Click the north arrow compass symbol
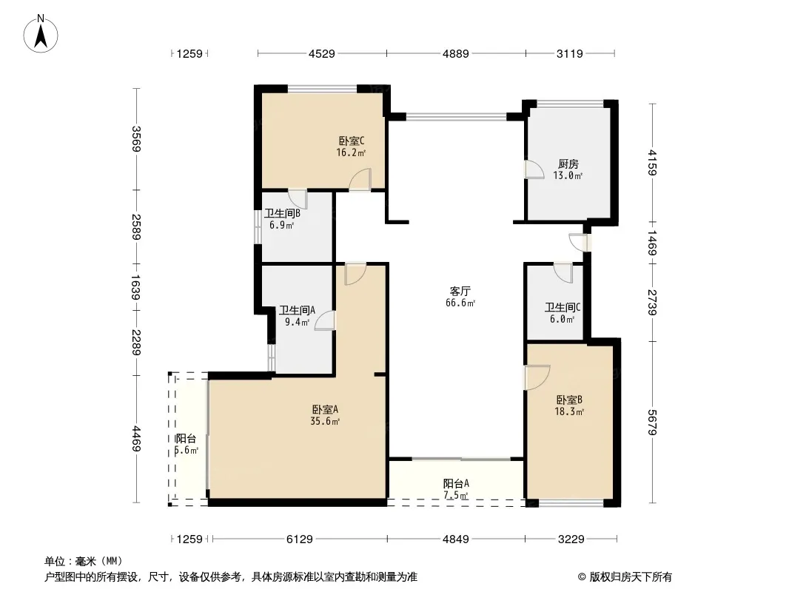(x=41, y=34)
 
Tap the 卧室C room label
(x=352, y=141)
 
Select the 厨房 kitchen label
(x=568, y=164)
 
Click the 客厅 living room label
(x=460, y=292)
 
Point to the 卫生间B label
(x=282, y=214)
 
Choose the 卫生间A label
(x=297, y=310)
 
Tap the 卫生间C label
(x=563, y=307)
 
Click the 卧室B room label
(x=569, y=400)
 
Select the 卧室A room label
(x=325, y=409)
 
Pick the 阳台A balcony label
(x=456, y=483)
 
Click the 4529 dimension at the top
(x=321, y=53)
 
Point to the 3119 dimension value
(x=570, y=53)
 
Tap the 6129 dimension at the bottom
(x=300, y=539)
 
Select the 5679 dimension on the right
(x=652, y=423)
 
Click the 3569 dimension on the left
(x=136, y=139)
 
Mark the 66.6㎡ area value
(x=460, y=303)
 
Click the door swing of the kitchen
(x=534, y=169)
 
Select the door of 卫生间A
(x=325, y=320)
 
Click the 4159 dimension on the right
(x=652, y=163)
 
